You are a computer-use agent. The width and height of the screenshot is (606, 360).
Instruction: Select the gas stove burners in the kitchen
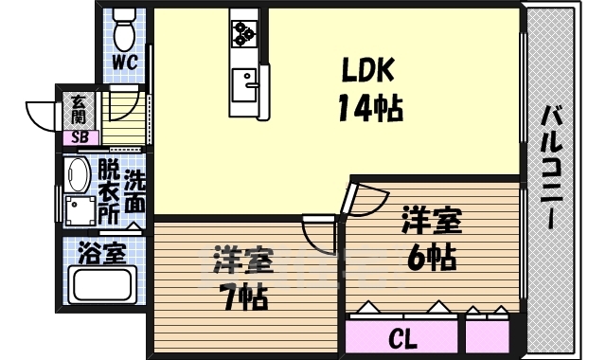[243, 32]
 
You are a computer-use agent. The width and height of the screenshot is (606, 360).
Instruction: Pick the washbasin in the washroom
[78, 177]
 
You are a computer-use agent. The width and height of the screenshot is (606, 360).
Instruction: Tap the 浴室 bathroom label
[102, 253]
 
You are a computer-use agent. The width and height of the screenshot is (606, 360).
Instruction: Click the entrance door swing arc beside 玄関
[44, 116]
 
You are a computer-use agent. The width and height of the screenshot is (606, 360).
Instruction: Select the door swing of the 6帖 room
[365, 196]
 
